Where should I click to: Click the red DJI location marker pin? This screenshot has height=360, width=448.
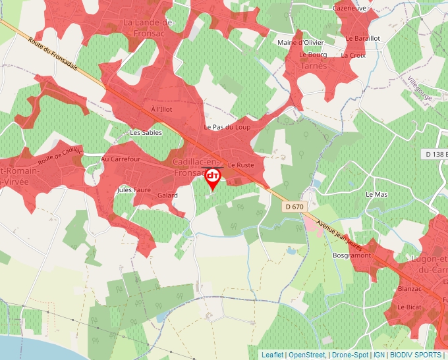pos(213,178)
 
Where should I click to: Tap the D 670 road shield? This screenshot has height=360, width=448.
pos(296,207)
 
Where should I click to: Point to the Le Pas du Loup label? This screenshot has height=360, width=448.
pos(227,127)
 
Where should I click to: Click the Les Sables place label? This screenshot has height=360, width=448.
pos(146,132)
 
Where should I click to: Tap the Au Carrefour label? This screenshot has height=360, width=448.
pos(121,159)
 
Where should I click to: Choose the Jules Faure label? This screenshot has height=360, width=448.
pos(134,190)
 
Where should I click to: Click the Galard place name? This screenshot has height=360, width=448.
pos(167,195)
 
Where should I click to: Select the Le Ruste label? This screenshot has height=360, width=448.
pos(241,165)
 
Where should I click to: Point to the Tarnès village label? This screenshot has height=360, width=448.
pos(313,66)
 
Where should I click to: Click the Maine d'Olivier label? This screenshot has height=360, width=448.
pos(300,43)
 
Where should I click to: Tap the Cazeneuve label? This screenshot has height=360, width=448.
pos(349,8)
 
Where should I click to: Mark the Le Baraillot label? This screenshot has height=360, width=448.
pos(362,38)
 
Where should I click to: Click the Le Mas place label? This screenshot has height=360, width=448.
pos(377,195)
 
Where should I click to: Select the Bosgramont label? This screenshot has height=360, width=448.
pos(352,255)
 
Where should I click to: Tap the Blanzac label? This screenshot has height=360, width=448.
pos(410,289)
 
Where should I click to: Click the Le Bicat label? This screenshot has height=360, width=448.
pos(409,307)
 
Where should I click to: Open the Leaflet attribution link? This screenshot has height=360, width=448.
pos(272,355)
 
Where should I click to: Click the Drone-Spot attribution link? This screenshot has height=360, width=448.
pos(350,355)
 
